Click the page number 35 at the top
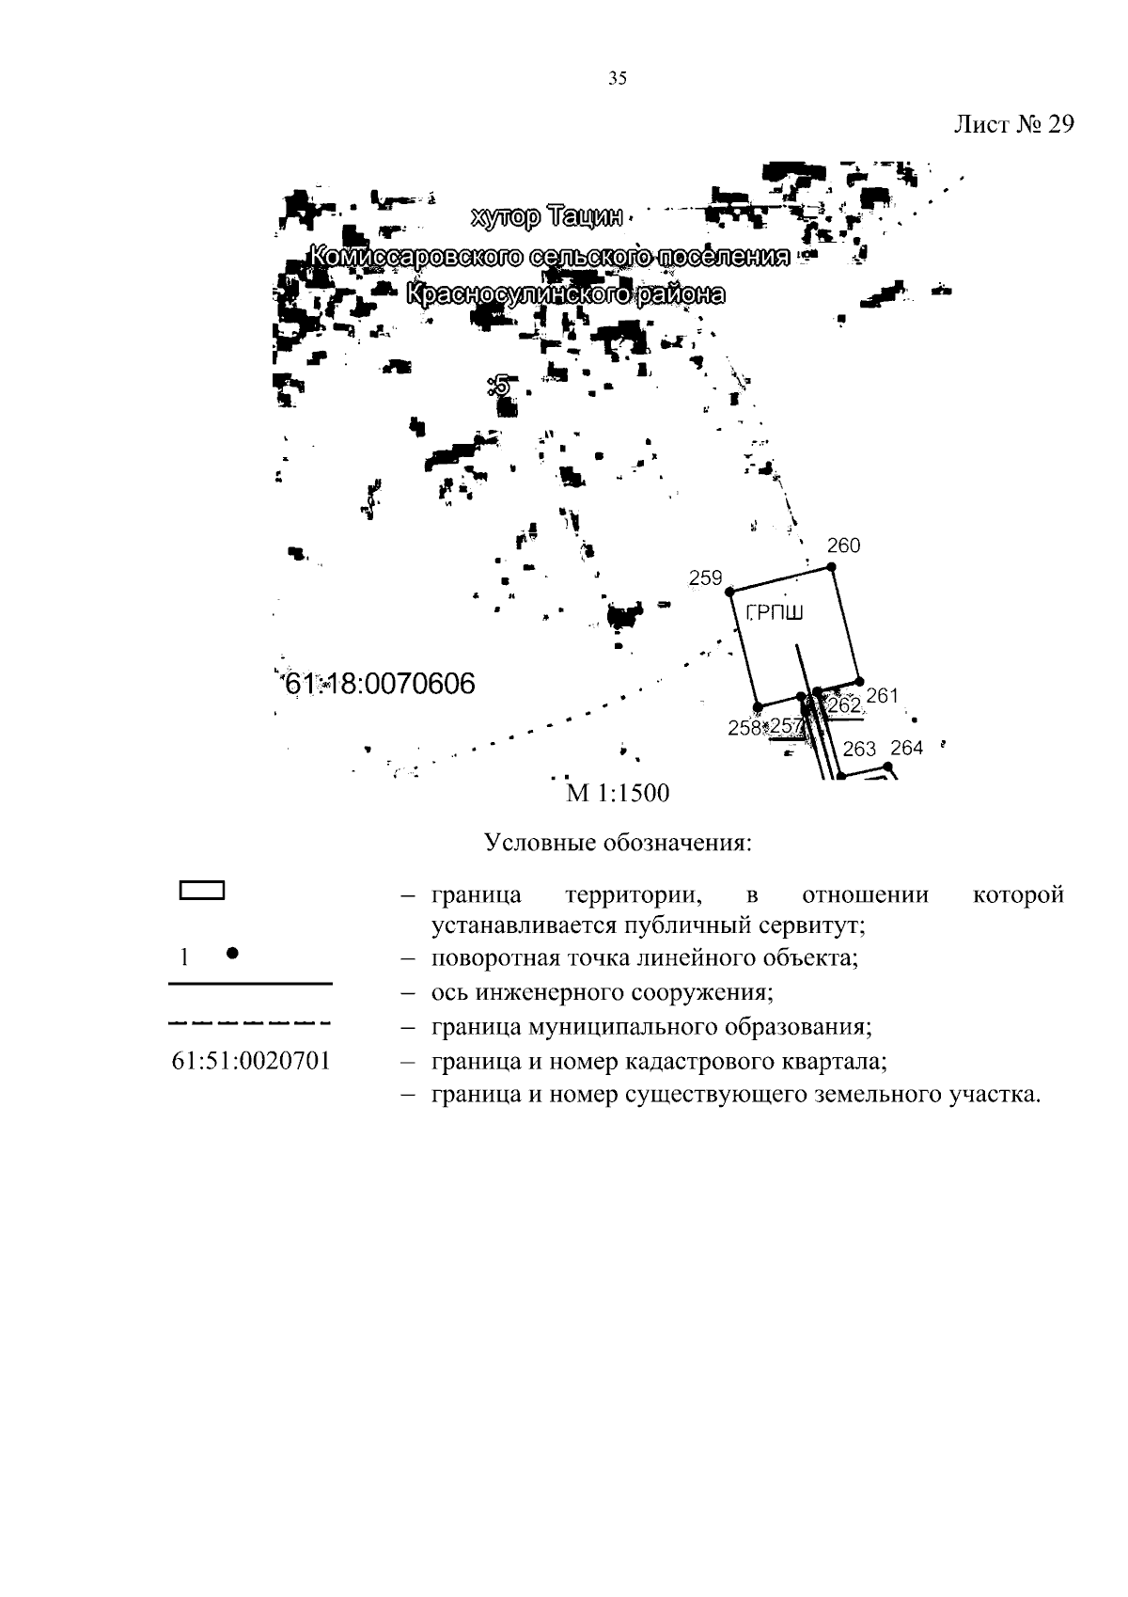point(617,79)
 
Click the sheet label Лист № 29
point(1013,125)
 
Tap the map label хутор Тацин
point(546,218)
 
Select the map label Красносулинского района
point(566,294)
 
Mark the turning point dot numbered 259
point(730,591)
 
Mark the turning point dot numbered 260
point(831,566)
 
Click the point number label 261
point(883,695)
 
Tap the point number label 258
point(744,727)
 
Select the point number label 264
point(906,748)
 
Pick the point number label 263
point(859,749)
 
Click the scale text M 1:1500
point(618,794)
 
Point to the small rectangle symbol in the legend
point(201,891)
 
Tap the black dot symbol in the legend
point(231,953)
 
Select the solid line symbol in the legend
point(250,984)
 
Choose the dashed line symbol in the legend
point(250,1022)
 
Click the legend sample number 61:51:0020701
point(251,1062)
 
